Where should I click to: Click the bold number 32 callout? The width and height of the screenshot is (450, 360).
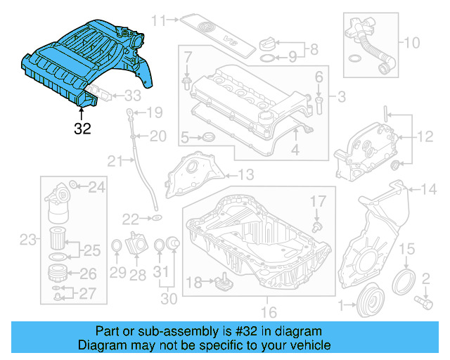(83, 129)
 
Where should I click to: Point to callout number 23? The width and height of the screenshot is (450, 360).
(27, 241)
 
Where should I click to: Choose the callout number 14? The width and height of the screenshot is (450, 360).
(428, 188)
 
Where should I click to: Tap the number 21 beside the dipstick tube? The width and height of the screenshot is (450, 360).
(115, 162)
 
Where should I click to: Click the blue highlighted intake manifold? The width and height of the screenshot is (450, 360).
(84, 63)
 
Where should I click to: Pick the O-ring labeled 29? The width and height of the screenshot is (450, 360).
(117, 246)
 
